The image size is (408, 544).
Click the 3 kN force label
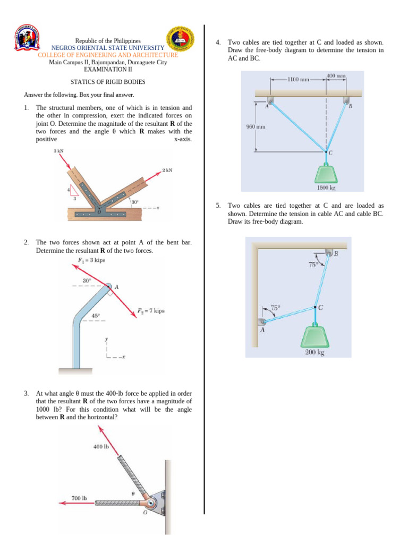59,152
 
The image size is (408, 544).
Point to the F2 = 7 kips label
151,310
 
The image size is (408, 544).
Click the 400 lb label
101,447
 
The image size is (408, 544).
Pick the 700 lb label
79,498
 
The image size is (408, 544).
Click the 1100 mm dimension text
297,80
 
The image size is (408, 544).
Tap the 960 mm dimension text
256,126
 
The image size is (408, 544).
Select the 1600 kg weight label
326,187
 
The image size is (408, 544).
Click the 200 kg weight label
314,352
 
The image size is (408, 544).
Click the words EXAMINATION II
107,70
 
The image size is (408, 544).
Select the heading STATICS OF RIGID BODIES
108,82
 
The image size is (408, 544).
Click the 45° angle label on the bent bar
95,316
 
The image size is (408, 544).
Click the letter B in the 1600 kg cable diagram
350,106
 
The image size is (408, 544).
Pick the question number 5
218,205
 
